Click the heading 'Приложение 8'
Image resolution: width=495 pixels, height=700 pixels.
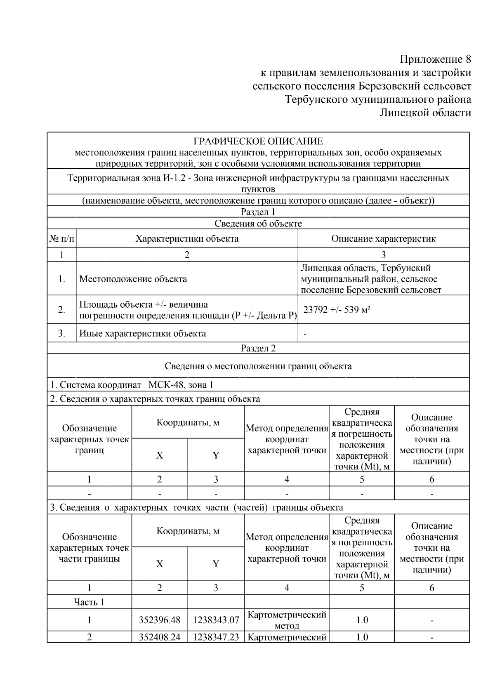coord(436,59)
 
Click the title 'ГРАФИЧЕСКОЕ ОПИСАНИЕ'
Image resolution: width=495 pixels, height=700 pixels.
coord(258,141)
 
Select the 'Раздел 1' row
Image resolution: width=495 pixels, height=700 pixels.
coord(258,212)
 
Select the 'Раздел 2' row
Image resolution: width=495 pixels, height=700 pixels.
coord(258,348)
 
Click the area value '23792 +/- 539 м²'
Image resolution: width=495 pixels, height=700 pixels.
coord(337,309)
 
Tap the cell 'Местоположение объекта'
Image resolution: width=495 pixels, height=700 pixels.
coord(133,279)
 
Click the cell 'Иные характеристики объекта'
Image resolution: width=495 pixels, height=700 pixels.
coord(142,333)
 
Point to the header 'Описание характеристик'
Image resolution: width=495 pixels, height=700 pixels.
coord(383,238)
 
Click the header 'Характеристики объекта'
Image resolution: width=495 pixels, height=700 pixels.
coord(187,238)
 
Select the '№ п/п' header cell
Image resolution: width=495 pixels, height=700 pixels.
coord(62,238)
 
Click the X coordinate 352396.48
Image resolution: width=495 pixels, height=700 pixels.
coord(160,620)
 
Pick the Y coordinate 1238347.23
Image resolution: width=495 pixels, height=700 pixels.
coord(216,637)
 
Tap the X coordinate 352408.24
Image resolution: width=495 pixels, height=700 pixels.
coord(160,637)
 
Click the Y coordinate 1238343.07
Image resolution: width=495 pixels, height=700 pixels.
coord(216,620)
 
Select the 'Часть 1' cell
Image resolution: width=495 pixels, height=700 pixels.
coord(89,602)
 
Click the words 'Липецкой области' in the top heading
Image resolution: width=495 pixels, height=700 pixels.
coord(425,113)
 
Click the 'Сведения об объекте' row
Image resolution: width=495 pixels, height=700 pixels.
coord(258,224)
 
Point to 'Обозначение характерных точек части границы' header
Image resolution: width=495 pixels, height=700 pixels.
coord(89,548)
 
